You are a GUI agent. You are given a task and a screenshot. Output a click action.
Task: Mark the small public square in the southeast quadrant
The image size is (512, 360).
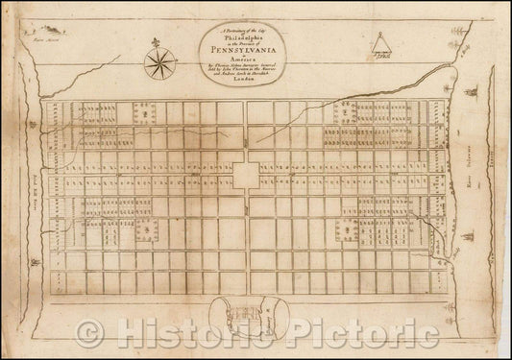pyautogui.click(x=350, y=228)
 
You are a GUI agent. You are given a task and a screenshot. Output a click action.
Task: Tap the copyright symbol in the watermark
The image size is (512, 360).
pyautogui.click(x=92, y=333)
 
